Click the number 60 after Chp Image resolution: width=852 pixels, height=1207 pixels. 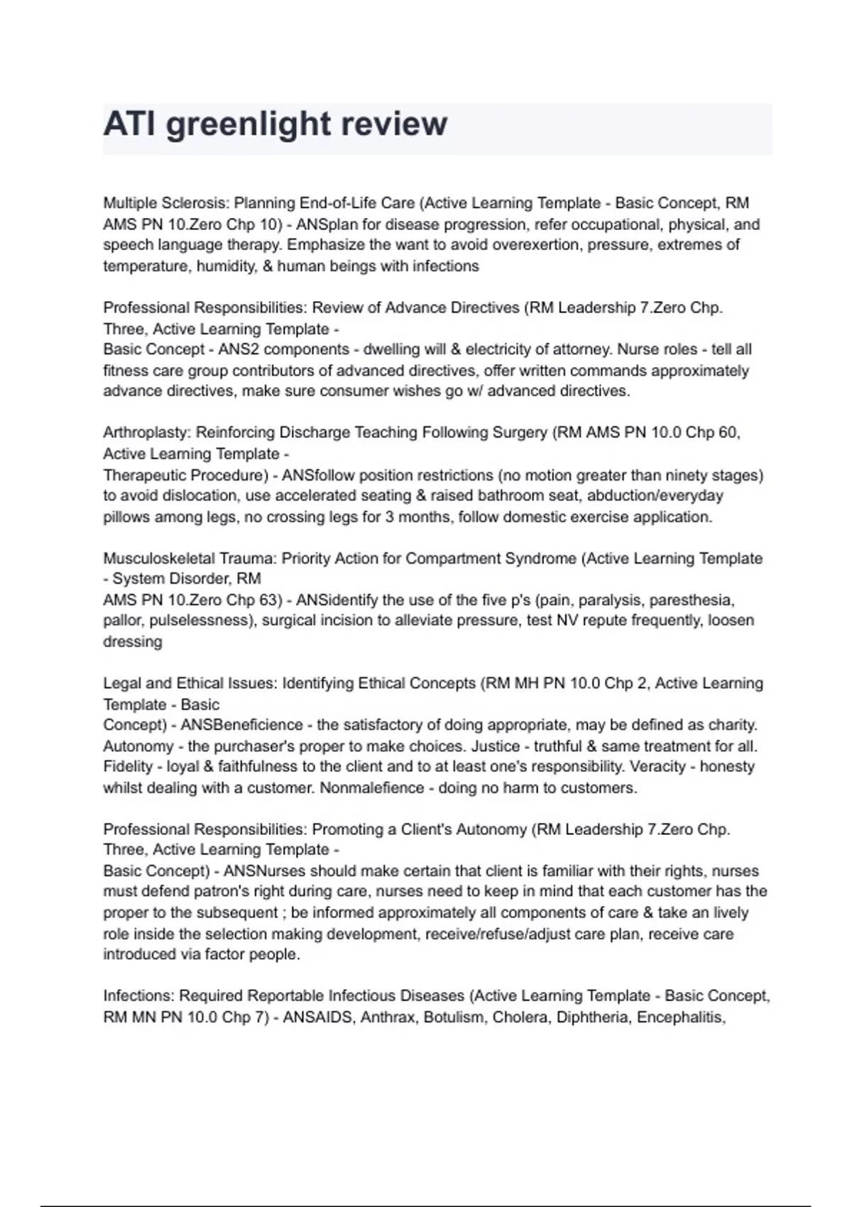point(728,432)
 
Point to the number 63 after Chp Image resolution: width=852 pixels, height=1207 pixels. point(269,600)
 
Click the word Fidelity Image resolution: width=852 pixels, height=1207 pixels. point(129,767)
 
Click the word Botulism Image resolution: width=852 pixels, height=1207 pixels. point(447,1017)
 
